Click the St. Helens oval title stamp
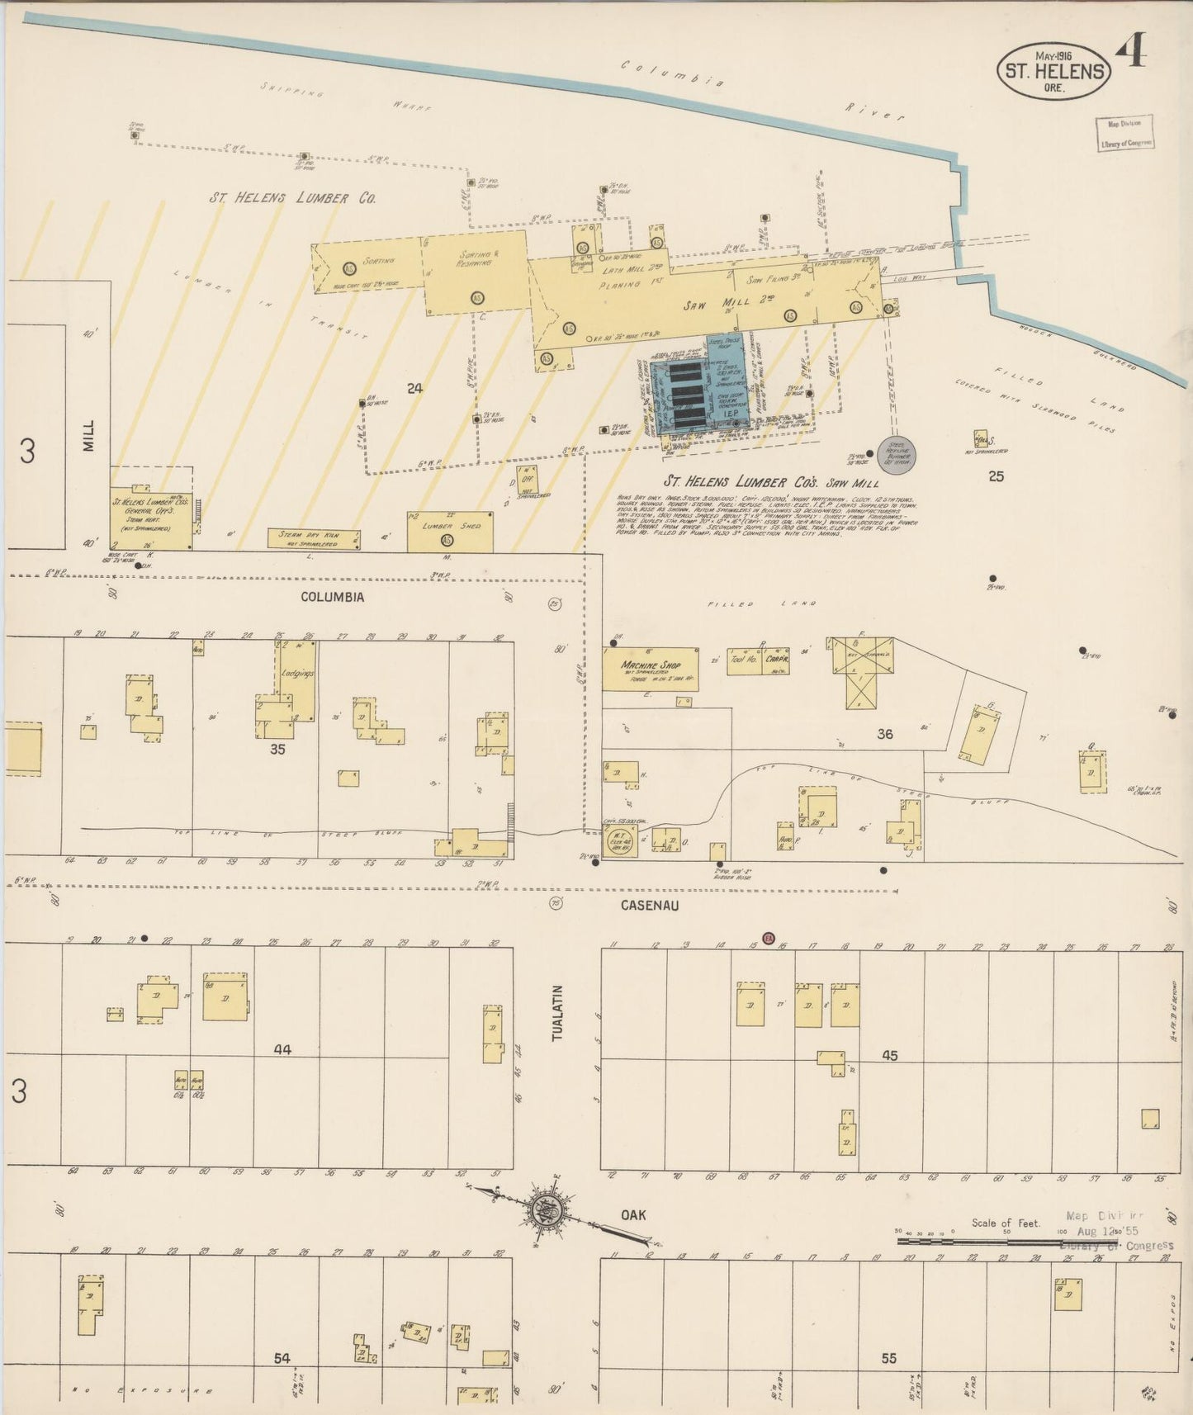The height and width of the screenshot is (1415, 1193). [x=1053, y=71]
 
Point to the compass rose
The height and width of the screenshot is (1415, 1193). [x=552, y=1211]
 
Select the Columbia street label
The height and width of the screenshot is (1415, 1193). [x=332, y=597]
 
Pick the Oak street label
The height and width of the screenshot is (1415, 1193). [x=633, y=1215]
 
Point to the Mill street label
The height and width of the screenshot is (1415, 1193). [x=88, y=435]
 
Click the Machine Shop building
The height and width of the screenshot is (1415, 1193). [x=651, y=668]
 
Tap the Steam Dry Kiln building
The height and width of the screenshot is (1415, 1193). [x=314, y=539]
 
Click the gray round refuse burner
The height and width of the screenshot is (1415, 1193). [x=897, y=454]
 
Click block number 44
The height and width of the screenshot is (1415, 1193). [x=283, y=1049]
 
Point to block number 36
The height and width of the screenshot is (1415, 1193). [x=885, y=734]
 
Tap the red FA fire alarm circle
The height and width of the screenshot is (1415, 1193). [x=769, y=939]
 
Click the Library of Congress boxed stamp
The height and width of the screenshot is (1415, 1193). [x=1124, y=133]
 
